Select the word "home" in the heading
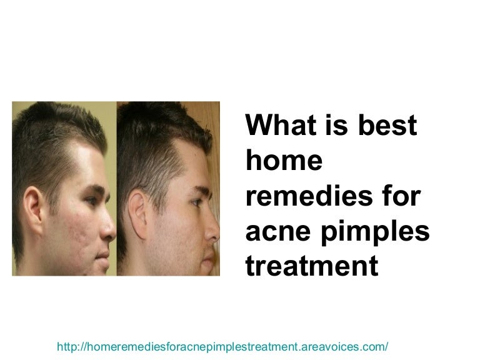pyautogui.click(x=284, y=161)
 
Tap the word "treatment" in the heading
pyautogui.click(x=312, y=266)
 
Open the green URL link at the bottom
pyautogui.click(x=222, y=346)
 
